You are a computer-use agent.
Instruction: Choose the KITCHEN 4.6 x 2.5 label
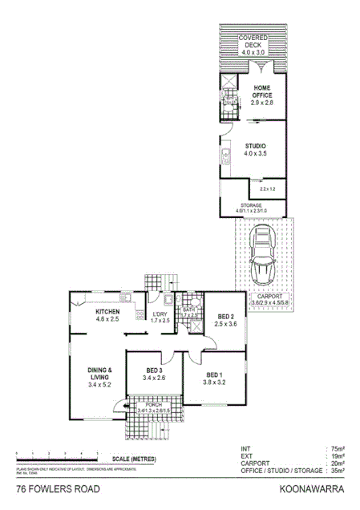pyautogui.click(x=107, y=315)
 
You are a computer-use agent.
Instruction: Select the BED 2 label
pyautogui.click(x=227, y=320)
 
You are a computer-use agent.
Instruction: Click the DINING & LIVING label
pyautogui.click(x=100, y=378)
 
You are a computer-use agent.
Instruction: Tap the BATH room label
pyautogui.click(x=189, y=313)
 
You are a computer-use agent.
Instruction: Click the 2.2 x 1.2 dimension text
pyautogui.click(x=267, y=189)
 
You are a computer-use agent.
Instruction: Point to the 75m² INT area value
pyautogui.click(x=337, y=449)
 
